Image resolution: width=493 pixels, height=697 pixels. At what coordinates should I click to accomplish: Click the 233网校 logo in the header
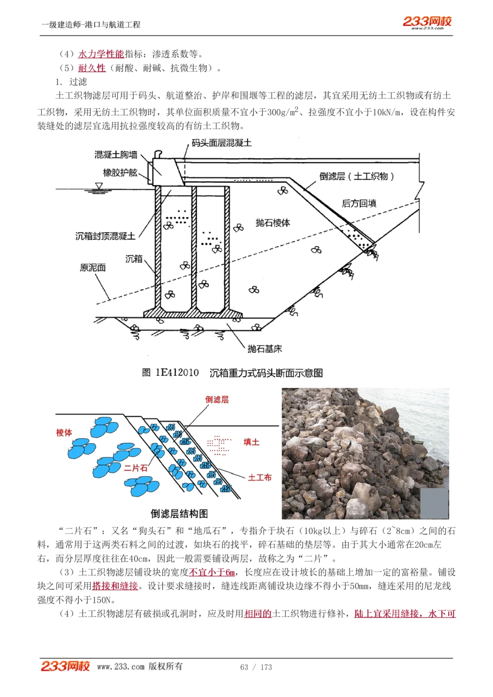pyautogui.click(x=427, y=22)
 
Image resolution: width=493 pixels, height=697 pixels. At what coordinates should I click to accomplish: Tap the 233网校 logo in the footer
pyautogui.click(x=65, y=666)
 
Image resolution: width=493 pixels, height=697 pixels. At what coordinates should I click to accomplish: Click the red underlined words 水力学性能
pyautogui.click(x=101, y=54)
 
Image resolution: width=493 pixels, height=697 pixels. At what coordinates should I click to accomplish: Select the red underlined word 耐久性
pyautogui.click(x=92, y=68)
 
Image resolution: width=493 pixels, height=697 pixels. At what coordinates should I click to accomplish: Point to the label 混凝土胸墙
pyautogui.click(x=116, y=155)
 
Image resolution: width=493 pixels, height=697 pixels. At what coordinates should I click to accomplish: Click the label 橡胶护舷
pyautogui.click(x=120, y=172)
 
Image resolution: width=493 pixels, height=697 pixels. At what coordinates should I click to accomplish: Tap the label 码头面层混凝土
pyautogui.click(x=221, y=143)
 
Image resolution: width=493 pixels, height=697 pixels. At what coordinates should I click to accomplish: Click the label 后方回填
pyautogui.click(x=359, y=203)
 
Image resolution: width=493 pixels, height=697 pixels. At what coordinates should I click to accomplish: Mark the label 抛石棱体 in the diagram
pyautogui.click(x=273, y=223)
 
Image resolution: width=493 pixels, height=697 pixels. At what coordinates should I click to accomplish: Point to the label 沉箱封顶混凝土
pyautogui.click(x=105, y=236)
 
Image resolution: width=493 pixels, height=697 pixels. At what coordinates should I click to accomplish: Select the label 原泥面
pyautogui.click(x=93, y=268)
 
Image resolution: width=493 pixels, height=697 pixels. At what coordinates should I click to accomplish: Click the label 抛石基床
pyautogui.click(x=264, y=349)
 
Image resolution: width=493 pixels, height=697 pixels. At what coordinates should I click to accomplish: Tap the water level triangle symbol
pyautogui.click(x=99, y=186)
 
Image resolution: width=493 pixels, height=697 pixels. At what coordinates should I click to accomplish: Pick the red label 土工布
pyautogui.click(x=260, y=477)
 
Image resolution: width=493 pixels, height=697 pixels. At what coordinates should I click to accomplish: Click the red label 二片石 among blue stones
pyautogui.click(x=136, y=468)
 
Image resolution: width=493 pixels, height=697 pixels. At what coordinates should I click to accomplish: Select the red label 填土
pyautogui.click(x=251, y=442)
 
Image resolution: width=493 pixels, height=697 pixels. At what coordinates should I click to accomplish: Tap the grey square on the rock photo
pyautogui.click(x=435, y=503)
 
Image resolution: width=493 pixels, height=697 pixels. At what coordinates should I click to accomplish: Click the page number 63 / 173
pyautogui.click(x=256, y=667)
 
